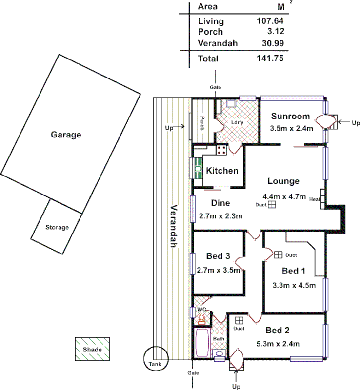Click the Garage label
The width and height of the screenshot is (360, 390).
tap(66, 135)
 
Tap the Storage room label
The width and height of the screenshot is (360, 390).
tap(57, 227)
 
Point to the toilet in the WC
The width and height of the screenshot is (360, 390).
tap(201, 319)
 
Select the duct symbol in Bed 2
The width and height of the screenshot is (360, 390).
tap(239, 320)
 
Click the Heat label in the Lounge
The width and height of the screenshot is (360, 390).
tap(314, 199)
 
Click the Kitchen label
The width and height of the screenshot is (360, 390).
tap(222, 171)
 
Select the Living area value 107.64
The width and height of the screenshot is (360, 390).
tap(270, 21)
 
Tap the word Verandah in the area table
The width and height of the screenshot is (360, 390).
tap(218, 43)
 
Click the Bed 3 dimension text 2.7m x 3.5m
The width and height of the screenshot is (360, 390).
tap(219, 269)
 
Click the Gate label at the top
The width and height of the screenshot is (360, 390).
tap(215, 87)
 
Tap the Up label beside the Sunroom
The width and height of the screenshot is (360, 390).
tap(356, 123)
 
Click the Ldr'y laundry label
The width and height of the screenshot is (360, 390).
tap(237, 122)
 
